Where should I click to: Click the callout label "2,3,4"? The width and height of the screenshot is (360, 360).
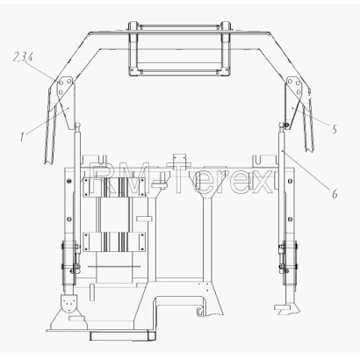tap(23, 57)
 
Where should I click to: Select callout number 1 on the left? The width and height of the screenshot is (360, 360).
tap(22, 137)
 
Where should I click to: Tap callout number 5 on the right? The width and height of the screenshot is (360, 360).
tap(335, 129)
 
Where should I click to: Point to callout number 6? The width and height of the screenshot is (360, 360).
tap(335, 193)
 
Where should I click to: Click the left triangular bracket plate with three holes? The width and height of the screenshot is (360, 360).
tap(65, 87)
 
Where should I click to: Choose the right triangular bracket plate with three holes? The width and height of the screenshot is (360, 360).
tap(294, 87)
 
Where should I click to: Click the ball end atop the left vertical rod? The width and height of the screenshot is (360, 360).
tap(78, 126)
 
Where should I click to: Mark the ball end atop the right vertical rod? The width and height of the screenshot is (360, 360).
tap(282, 126)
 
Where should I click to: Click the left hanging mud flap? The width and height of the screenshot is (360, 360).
tap(51, 132)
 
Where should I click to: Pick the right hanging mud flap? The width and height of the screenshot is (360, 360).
tap(308, 126)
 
